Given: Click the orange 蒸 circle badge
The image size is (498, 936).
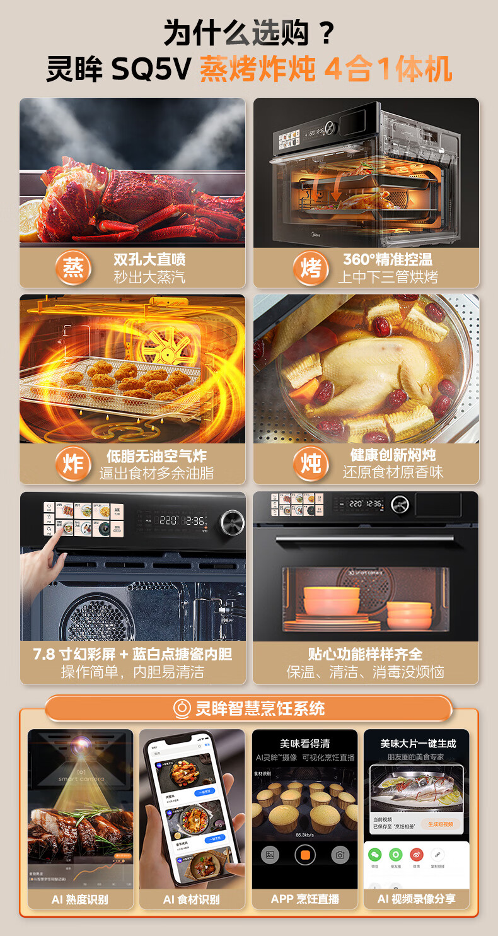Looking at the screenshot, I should (x=74, y=268).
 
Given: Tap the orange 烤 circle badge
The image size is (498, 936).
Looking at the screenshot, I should (x=310, y=268).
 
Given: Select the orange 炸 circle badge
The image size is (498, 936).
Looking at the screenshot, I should (x=74, y=464).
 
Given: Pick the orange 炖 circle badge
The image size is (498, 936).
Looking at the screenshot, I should (x=310, y=464).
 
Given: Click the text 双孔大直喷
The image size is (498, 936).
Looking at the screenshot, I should (x=149, y=259).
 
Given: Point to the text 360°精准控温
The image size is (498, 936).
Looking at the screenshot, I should (x=388, y=259).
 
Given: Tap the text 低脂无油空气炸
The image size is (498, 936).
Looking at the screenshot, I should (x=156, y=455).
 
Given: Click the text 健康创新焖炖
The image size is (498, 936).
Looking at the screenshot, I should (x=393, y=455).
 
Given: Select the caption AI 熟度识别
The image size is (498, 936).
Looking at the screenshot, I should (x=80, y=899).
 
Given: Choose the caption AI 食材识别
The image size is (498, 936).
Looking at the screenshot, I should (x=192, y=899).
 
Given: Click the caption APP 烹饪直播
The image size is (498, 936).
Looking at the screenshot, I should (x=305, y=899).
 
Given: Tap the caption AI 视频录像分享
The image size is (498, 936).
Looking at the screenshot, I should (x=417, y=899).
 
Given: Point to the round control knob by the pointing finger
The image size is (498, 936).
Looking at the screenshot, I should (x=231, y=521).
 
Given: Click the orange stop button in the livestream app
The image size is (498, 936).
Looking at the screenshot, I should (x=304, y=855).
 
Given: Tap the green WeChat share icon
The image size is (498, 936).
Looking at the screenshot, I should (x=375, y=855).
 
